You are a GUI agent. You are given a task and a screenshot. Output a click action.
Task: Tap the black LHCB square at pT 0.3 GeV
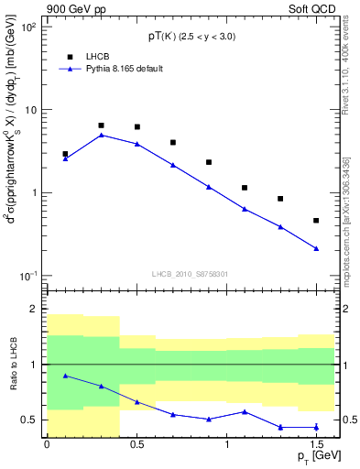pyautogui.click(x=101, y=125)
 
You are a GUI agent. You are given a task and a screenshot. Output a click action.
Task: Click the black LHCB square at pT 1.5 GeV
pyautogui.click(x=316, y=221)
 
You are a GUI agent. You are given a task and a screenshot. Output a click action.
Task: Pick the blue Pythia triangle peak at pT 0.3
pyautogui.click(x=101, y=135)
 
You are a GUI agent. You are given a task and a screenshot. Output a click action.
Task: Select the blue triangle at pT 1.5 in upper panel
pyautogui.click(x=316, y=248)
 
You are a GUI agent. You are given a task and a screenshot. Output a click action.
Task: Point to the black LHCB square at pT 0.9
pyautogui.click(x=209, y=162)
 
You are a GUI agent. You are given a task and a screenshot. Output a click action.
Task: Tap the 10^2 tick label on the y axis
pyautogui.click(x=27, y=27)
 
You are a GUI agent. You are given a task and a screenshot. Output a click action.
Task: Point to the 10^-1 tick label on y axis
pyautogui.click(x=27, y=277)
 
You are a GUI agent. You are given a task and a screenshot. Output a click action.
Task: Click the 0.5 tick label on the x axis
pyautogui.click(x=136, y=444)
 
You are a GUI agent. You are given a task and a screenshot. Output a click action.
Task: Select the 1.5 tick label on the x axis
pyautogui.click(x=316, y=444)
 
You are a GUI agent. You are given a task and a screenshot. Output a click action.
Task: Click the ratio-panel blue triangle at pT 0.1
pyautogui.click(x=65, y=376)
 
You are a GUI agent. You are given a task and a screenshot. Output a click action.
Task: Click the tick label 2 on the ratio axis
pyautogui.click(x=34, y=310)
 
